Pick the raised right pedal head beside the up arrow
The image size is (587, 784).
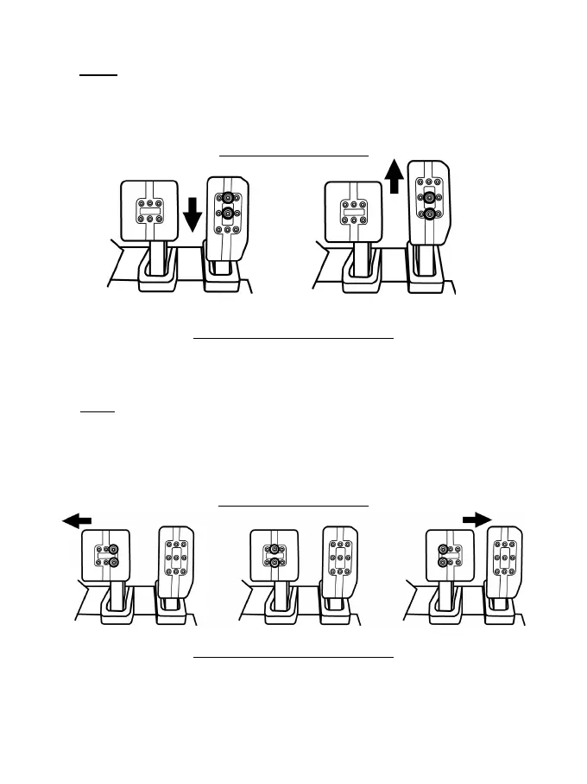pyautogui.click(x=429, y=201)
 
